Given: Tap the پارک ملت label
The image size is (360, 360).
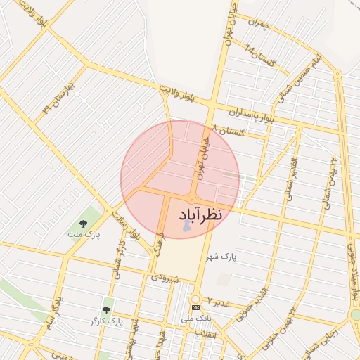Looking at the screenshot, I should [x=84, y=233].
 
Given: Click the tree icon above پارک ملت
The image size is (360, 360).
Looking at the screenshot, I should [x=84, y=223].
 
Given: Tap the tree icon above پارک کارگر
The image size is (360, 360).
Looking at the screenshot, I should [x=106, y=309].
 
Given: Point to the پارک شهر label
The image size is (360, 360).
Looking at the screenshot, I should [x=223, y=258].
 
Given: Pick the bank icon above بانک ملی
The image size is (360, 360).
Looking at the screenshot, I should [x=195, y=307].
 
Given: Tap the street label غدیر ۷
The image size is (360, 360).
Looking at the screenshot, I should [x=220, y=302].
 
